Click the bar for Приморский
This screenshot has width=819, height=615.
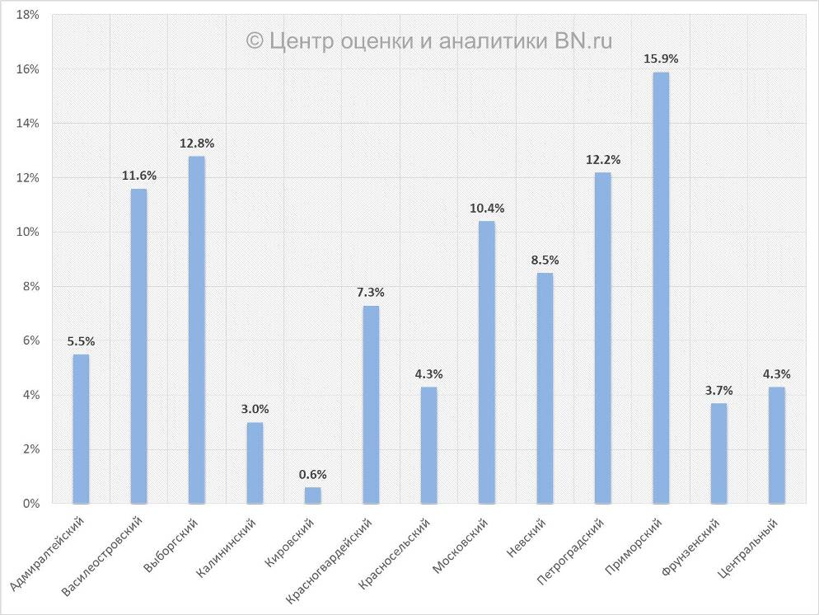661,288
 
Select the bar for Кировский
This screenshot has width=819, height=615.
313,495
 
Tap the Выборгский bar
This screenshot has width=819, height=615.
197,330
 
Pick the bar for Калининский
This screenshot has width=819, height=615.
255,462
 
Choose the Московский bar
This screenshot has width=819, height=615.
487,362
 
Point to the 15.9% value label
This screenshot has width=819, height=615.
661,59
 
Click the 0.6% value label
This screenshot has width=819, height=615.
313,474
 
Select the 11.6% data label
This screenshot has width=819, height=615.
139,176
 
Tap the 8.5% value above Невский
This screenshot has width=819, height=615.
545,260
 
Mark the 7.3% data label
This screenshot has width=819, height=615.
371,292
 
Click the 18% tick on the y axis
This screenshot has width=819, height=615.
27,15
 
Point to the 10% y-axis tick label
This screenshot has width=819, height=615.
27,232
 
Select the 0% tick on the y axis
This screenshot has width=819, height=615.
30,504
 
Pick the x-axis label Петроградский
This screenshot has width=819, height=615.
570,552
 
